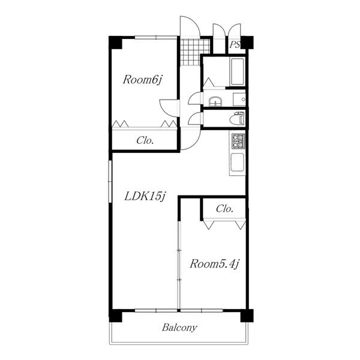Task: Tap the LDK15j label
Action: click(145, 196)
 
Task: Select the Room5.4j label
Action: click(214, 264)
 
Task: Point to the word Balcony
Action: click(179, 328)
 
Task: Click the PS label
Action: click(235, 44)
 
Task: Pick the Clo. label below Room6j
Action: click(145, 140)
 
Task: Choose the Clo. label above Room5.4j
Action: click(224, 209)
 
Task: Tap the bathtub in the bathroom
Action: click(238, 71)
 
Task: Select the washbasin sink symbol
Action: click(215, 102)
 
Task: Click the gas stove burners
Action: click(238, 141)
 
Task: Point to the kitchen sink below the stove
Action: click(238, 163)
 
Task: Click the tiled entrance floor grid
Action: click(195, 52)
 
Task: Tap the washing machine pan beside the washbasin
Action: click(239, 100)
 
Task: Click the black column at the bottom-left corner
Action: click(115, 316)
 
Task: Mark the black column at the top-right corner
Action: click(247, 43)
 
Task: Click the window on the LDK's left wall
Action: click(110, 181)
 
